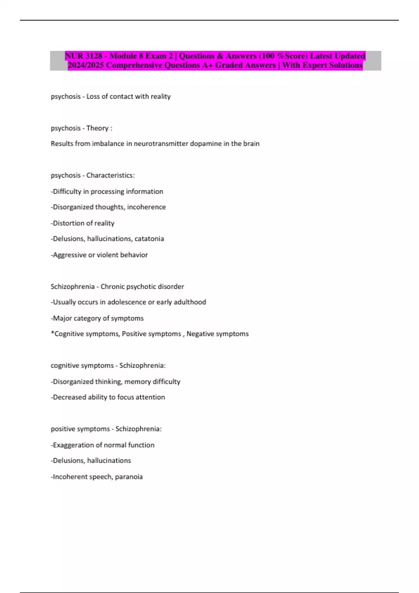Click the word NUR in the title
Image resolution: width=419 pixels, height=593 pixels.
point(74,56)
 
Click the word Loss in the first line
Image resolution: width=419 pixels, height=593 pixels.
point(93,97)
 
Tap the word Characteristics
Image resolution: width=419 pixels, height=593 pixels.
point(110,175)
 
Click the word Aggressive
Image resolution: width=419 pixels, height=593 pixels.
point(69,255)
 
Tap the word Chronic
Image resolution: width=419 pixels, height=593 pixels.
point(112,287)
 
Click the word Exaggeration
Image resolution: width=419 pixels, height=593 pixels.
point(74,445)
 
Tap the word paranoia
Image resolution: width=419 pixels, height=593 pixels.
point(129,477)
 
